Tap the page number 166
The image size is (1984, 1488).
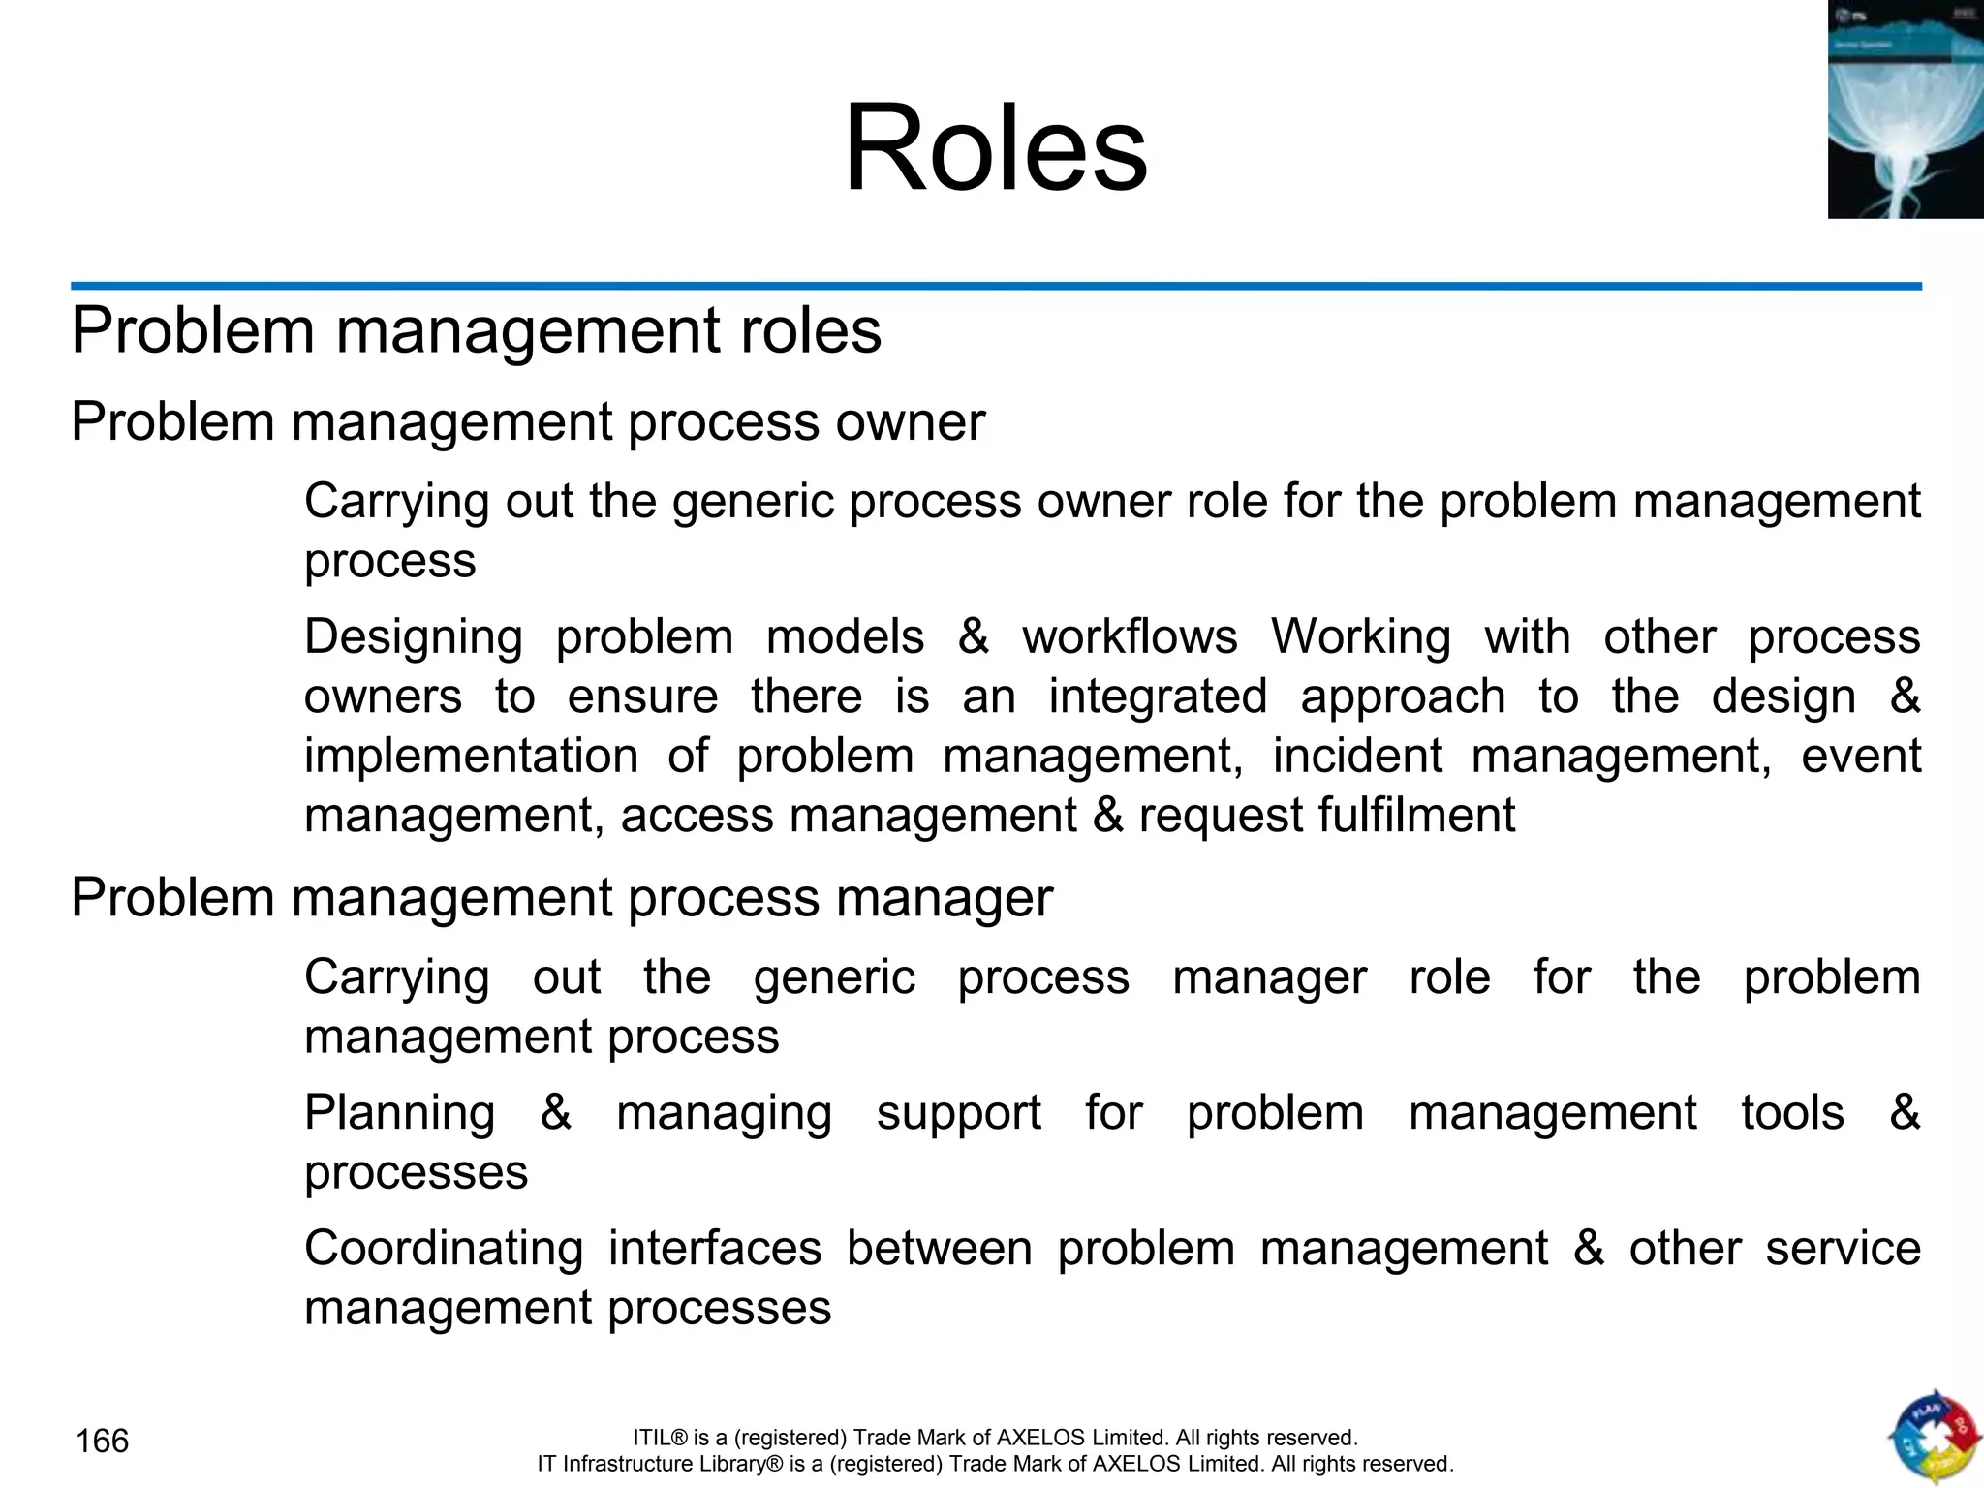click(102, 1441)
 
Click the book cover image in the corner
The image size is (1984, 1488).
click(1905, 109)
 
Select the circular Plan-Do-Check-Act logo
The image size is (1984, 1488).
click(1934, 1438)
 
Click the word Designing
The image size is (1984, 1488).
click(414, 638)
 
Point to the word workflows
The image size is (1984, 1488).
click(1130, 637)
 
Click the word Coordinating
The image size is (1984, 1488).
click(444, 1249)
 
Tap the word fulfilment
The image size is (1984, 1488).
click(1326, 816)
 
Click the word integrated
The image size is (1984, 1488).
click(1158, 697)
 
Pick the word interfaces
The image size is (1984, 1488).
click(715, 1249)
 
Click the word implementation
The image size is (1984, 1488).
click(471, 757)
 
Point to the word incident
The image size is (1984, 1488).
click(1357, 757)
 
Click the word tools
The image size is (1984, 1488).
click(1792, 1113)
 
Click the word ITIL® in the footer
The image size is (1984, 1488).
click(660, 1438)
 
